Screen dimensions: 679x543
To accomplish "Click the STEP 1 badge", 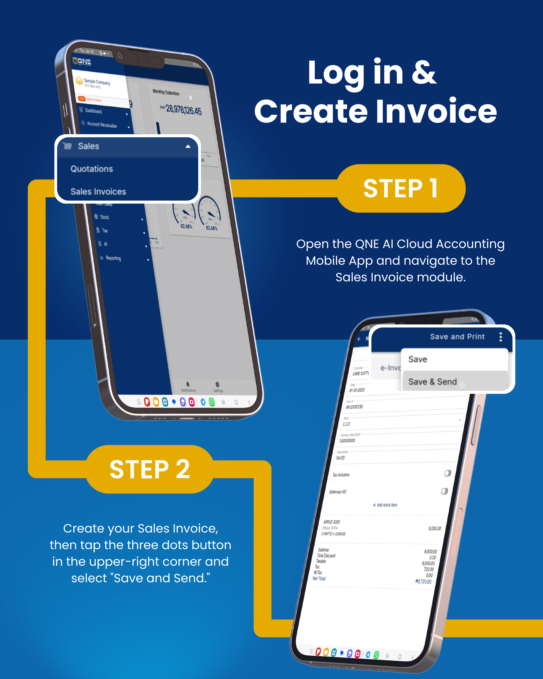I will (x=401, y=188).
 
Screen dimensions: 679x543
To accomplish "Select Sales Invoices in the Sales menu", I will (x=98, y=192).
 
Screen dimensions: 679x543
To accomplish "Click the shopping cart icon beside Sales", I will (x=67, y=146).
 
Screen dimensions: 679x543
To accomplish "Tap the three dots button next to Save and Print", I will (x=501, y=337).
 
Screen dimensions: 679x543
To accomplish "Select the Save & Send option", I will (x=432, y=382).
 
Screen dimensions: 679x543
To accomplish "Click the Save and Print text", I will (x=457, y=337).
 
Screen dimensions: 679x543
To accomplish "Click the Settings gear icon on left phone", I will (x=217, y=384).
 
